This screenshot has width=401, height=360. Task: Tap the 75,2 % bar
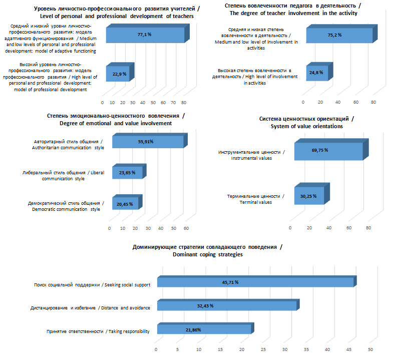coord(339,36)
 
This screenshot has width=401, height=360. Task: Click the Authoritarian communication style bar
coord(148,142)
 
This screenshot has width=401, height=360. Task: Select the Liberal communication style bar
coord(128,172)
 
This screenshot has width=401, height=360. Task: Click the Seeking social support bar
coord(255,282)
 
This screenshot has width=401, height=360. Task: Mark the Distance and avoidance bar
coord(227,305)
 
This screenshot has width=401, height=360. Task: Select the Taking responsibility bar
coord(204,329)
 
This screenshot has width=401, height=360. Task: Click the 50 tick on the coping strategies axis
coord(371,349)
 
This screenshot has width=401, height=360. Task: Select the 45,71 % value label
coord(230,282)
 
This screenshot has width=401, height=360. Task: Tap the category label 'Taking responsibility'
coord(98,331)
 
